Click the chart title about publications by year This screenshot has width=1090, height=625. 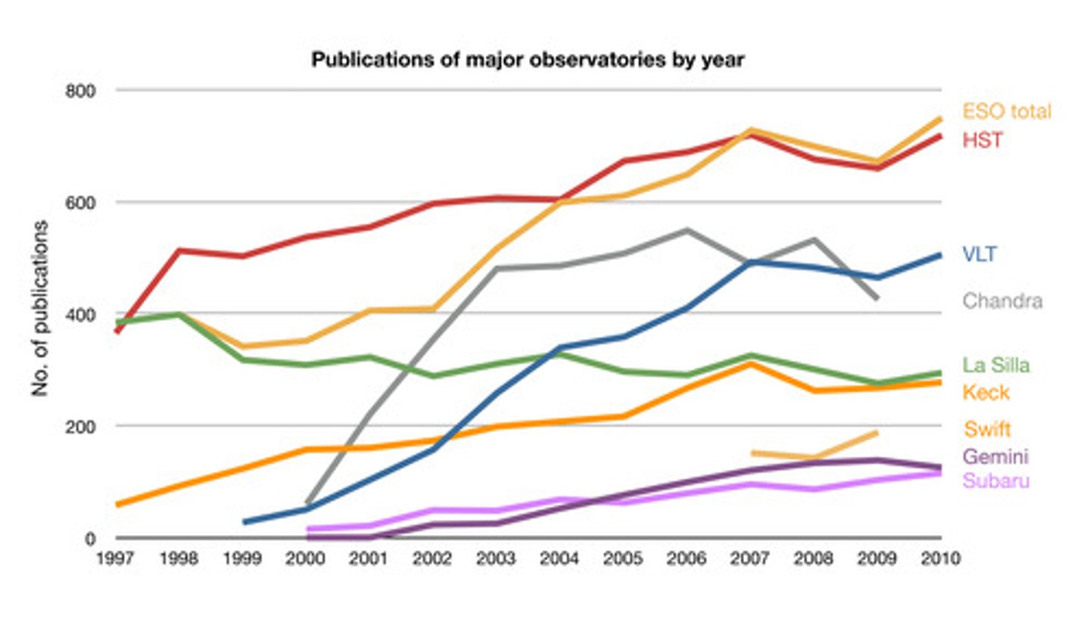(528, 61)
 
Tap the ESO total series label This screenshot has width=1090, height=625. (1007, 112)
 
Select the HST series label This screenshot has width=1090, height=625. (982, 140)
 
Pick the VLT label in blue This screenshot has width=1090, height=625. (979, 254)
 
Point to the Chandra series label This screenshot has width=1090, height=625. (1002, 301)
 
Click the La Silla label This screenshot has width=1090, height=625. (996, 365)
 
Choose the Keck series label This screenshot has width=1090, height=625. (986, 392)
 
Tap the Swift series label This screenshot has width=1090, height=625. (987, 430)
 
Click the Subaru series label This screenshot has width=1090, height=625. (995, 480)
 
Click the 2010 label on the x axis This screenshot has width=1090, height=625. (939, 559)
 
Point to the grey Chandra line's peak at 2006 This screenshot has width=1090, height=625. (687, 230)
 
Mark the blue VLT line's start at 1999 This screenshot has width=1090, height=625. (244, 522)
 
